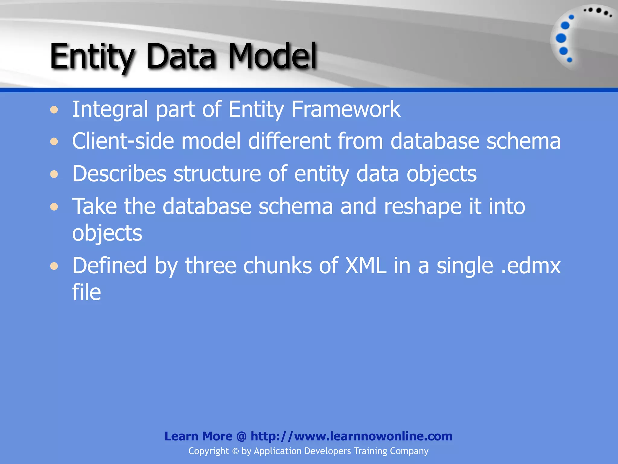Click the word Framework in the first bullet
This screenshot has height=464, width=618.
pos(346,109)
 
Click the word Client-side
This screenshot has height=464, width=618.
pos(123,141)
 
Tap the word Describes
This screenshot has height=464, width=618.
pos(119,174)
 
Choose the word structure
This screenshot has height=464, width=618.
pos(217,174)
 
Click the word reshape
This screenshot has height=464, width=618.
pos(423,207)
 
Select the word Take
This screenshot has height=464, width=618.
pos(94,206)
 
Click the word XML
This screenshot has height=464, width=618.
pos(365,266)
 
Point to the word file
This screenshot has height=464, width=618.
pos(86,292)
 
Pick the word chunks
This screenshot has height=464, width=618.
pos(277,266)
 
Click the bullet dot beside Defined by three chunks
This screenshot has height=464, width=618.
pos(54,266)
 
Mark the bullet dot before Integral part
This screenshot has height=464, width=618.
pos(54,110)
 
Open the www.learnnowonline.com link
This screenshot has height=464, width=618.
pos(352,436)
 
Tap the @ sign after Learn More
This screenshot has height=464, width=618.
pos(241,437)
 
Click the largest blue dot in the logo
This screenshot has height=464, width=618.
pos(561,38)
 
